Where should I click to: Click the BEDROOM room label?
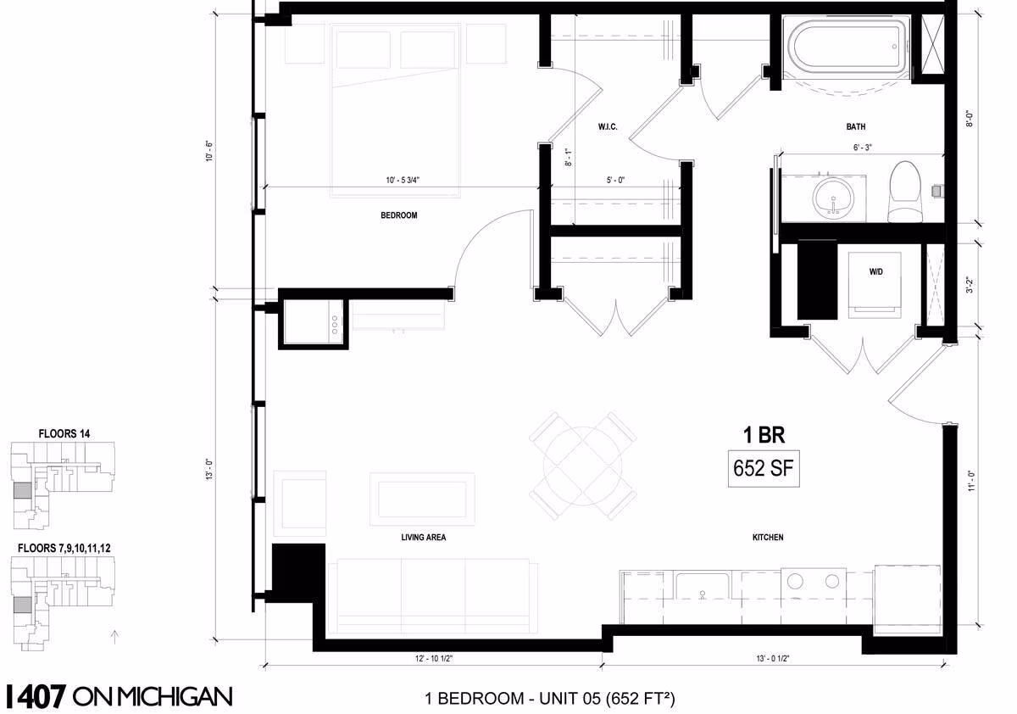coord(398,215)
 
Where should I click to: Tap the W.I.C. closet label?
coord(608,126)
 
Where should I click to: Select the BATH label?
coord(855,126)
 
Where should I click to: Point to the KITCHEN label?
coord(768,538)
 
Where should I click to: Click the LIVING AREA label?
coord(423,538)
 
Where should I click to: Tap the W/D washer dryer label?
coord(875,271)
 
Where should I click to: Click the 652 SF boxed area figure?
coord(764,468)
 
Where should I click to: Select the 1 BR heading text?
coord(764,435)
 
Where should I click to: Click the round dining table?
coord(582,466)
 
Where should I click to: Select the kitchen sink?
coord(702,587)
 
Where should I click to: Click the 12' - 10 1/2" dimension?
coord(434,658)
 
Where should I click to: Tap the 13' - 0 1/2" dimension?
coord(773,658)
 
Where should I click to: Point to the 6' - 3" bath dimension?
coord(862,148)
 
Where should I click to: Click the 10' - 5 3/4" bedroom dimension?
coord(403,181)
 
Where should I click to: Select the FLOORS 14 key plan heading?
coord(64,434)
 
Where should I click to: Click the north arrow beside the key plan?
coord(115,637)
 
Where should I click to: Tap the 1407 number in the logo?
coord(36,697)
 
